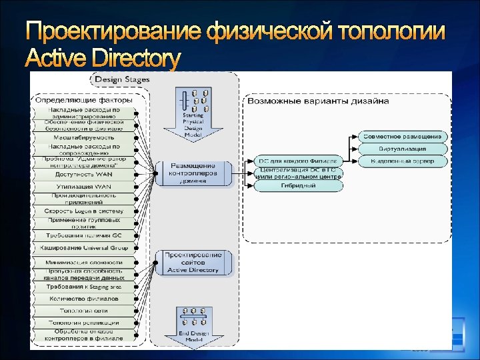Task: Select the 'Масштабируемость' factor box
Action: click(x=84, y=137)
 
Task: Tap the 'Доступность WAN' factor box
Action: click(x=84, y=174)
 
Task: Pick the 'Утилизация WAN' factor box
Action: click(x=84, y=186)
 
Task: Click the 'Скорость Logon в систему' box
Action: click(x=84, y=211)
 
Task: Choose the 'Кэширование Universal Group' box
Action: click(x=84, y=247)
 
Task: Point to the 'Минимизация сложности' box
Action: click(x=84, y=263)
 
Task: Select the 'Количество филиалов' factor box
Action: click(x=84, y=299)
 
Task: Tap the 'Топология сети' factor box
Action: click(x=84, y=311)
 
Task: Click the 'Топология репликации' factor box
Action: click(x=84, y=323)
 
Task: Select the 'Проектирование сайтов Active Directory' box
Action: click(x=193, y=263)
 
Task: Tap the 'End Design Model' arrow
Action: click(x=193, y=325)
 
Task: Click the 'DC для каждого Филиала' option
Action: click(x=299, y=161)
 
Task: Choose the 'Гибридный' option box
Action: click(x=299, y=186)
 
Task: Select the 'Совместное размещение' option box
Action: click(x=404, y=137)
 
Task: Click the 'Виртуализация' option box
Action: click(x=404, y=149)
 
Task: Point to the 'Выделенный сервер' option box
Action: click(x=404, y=161)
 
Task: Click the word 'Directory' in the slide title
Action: click(x=134, y=59)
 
